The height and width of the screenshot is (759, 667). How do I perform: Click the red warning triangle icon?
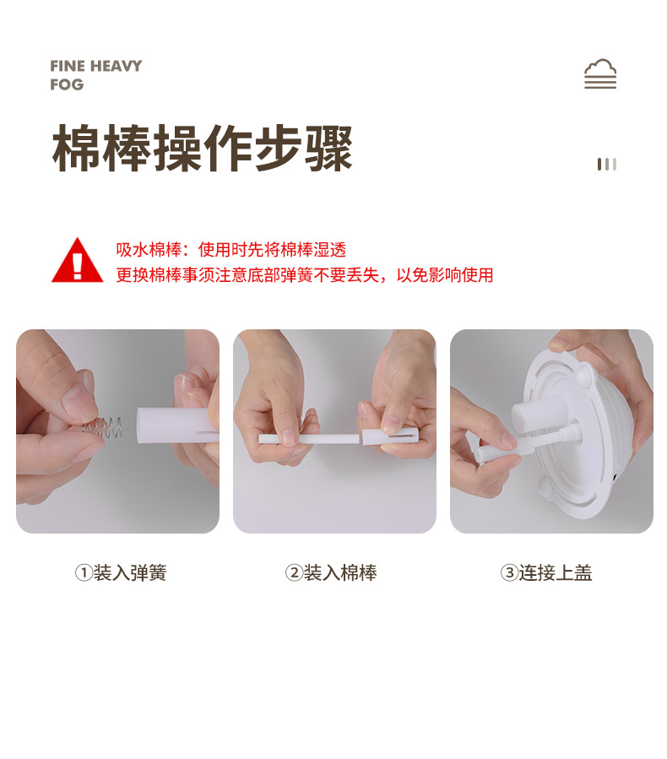[77, 261]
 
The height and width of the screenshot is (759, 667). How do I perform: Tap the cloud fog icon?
[600, 74]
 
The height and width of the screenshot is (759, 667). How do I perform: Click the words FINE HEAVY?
[95, 66]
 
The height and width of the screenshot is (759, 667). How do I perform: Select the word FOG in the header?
[67, 84]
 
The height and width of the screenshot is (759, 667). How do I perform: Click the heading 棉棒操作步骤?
[203, 149]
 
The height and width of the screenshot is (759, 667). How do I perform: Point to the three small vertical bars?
[607, 164]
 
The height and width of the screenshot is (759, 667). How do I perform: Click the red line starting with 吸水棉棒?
[230, 250]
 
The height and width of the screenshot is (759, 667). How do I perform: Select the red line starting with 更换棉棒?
[304, 274]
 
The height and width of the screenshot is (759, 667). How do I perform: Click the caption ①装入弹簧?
[121, 573]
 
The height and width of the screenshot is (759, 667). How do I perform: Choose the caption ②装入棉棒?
[331, 573]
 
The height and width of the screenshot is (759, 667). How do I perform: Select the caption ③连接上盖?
[546, 573]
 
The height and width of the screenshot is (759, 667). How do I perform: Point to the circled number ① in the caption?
[83, 573]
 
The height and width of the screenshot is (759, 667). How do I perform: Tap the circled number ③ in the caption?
[508, 573]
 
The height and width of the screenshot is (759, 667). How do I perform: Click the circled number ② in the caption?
[293, 573]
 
